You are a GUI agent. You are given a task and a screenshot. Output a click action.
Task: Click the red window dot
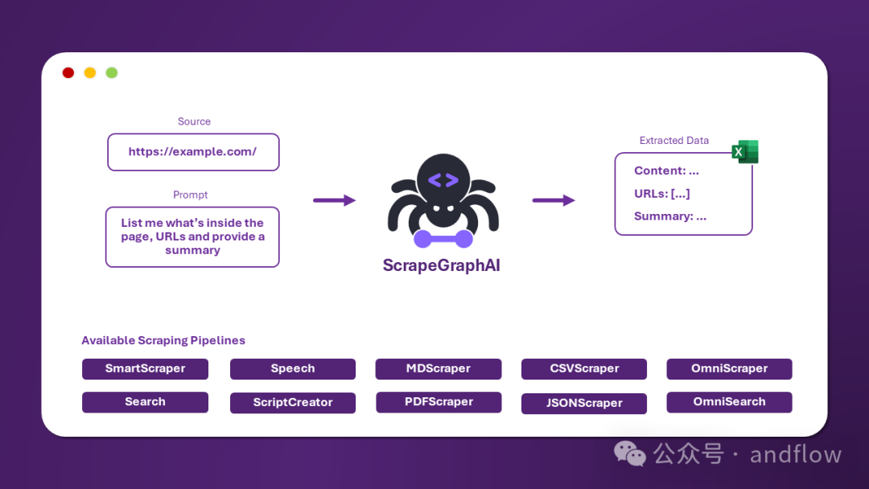(68, 72)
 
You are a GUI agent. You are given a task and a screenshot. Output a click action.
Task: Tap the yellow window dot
(90, 72)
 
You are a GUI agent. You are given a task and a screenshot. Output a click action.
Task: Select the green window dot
(112, 72)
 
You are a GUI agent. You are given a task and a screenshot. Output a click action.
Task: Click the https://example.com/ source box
(193, 152)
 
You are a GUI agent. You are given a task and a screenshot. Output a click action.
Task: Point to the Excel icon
(745, 151)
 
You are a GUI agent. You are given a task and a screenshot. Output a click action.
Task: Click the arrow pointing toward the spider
(334, 200)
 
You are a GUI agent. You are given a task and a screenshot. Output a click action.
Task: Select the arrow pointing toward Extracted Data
(554, 200)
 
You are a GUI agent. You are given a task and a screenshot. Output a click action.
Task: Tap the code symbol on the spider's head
(443, 180)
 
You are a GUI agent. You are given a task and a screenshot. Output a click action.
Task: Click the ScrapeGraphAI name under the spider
(442, 265)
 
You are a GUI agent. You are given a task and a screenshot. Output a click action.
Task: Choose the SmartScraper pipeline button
(145, 369)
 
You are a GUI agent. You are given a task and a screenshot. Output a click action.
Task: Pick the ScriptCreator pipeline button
(293, 402)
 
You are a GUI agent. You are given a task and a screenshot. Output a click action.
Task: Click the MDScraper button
(439, 369)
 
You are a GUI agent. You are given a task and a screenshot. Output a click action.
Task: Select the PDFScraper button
(439, 402)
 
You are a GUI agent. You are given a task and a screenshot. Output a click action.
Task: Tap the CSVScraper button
(584, 369)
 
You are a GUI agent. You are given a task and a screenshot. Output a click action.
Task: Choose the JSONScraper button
(584, 403)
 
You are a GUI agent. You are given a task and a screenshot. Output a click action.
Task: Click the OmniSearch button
(729, 402)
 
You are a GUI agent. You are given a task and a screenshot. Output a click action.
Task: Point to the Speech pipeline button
(293, 369)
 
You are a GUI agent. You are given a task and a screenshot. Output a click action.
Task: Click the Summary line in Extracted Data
(670, 216)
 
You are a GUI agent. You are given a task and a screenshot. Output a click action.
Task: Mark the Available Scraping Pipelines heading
(163, 340)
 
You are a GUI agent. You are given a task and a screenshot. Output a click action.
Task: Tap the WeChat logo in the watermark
(630, 454)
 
